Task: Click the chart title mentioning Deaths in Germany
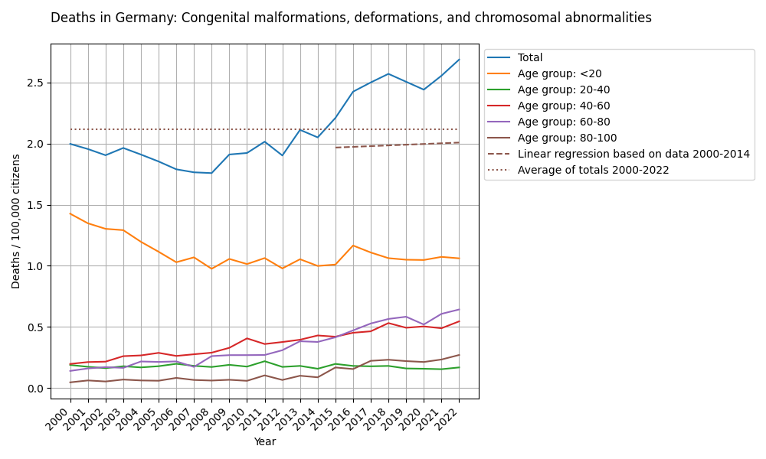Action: [351, 18]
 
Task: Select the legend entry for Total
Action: [530, 57]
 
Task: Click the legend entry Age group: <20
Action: [559, 73]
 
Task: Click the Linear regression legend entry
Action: [633, 154]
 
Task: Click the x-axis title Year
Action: [264, 442]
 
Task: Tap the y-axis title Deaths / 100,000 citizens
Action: [16, 221]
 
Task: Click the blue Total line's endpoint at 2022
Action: [459, 60]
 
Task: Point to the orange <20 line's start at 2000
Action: [70, 213]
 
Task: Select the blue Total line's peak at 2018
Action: [388, 74]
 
